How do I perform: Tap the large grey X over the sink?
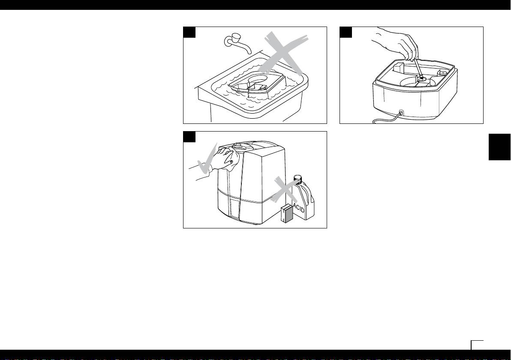click(283, 53)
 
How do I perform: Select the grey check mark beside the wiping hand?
click(206, 159)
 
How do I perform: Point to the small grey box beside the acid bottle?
click(287, 213)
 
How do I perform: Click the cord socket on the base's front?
click(401, 113)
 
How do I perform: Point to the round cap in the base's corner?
click(443, 72)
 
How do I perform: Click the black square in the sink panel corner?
click(189, 32)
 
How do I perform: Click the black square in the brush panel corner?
click(346, 32)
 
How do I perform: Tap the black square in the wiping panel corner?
click(189, 137)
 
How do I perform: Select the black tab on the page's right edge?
click(499, 147)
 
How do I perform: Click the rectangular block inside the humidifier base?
click(398, 69)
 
